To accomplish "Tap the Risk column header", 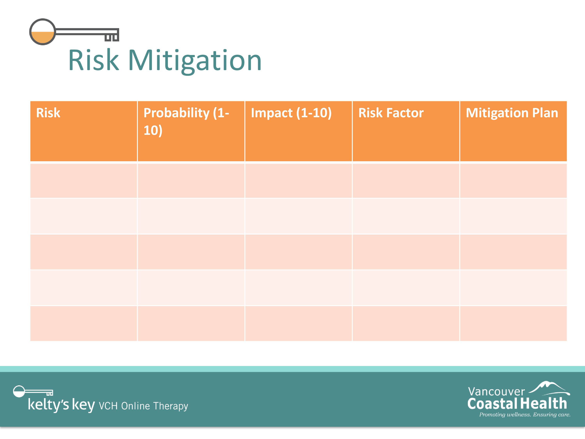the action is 48,113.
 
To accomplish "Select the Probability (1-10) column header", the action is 186,122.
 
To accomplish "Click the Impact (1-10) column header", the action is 291,113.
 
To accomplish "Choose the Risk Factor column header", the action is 391,113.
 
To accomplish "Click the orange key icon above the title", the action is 74,32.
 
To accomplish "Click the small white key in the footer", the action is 33,392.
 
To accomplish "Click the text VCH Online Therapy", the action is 143,406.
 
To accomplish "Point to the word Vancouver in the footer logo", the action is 496,392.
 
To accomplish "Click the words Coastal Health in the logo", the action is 517,403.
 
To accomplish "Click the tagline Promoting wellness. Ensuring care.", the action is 525,415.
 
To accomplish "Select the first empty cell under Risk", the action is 84,181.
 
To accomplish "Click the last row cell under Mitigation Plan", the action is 513,323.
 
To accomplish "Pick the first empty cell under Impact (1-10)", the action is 299,181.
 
